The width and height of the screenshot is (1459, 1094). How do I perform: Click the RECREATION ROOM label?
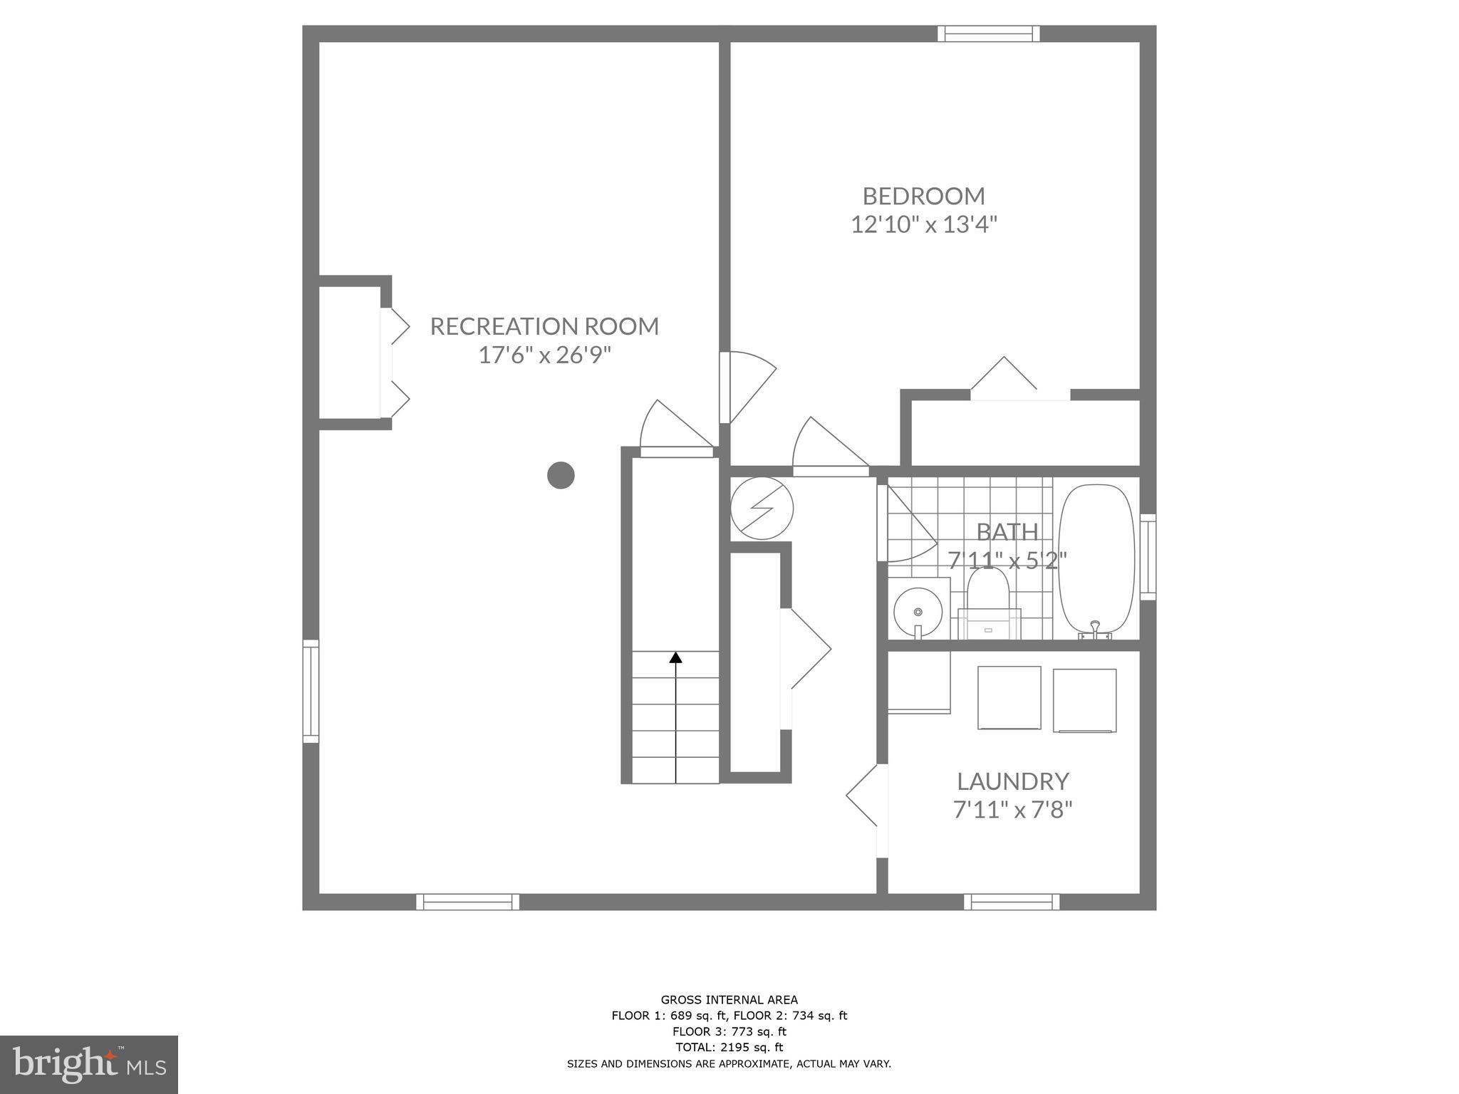click(x=544, y=326)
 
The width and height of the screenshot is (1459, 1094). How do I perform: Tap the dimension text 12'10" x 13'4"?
click(x=923, y=225)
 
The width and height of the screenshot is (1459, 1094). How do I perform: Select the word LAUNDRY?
click(x=1012, y=781)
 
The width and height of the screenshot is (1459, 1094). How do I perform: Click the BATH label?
click(x=1007, y=532)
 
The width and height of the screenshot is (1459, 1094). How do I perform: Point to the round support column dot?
click(x=561, y=475)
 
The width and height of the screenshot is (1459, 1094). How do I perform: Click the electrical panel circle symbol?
click(x=762, y=509)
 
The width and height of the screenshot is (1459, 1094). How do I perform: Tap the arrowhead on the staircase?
click(x=675, y=657)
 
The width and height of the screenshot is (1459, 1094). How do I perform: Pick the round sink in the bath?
click(x=918, y=611)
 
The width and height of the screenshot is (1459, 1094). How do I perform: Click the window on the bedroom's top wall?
click(x=988, y=33)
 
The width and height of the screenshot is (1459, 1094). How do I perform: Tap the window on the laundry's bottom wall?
click(x=1012, y=902)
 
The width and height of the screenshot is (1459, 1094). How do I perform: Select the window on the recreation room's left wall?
click(x=311, y=691)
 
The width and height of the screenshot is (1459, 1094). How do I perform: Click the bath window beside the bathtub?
click(x=1147, y=557)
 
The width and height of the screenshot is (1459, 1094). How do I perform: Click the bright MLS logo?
click(x=89, y=1065)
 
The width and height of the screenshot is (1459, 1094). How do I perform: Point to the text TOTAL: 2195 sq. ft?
click(x=729, y=1047)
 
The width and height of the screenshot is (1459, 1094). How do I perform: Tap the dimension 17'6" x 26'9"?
click(x=544, y=355)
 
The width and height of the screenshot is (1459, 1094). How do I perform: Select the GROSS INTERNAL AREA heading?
click(x=729, y=1000)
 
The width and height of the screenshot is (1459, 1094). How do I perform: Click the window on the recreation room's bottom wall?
click(x=467, y=902)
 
